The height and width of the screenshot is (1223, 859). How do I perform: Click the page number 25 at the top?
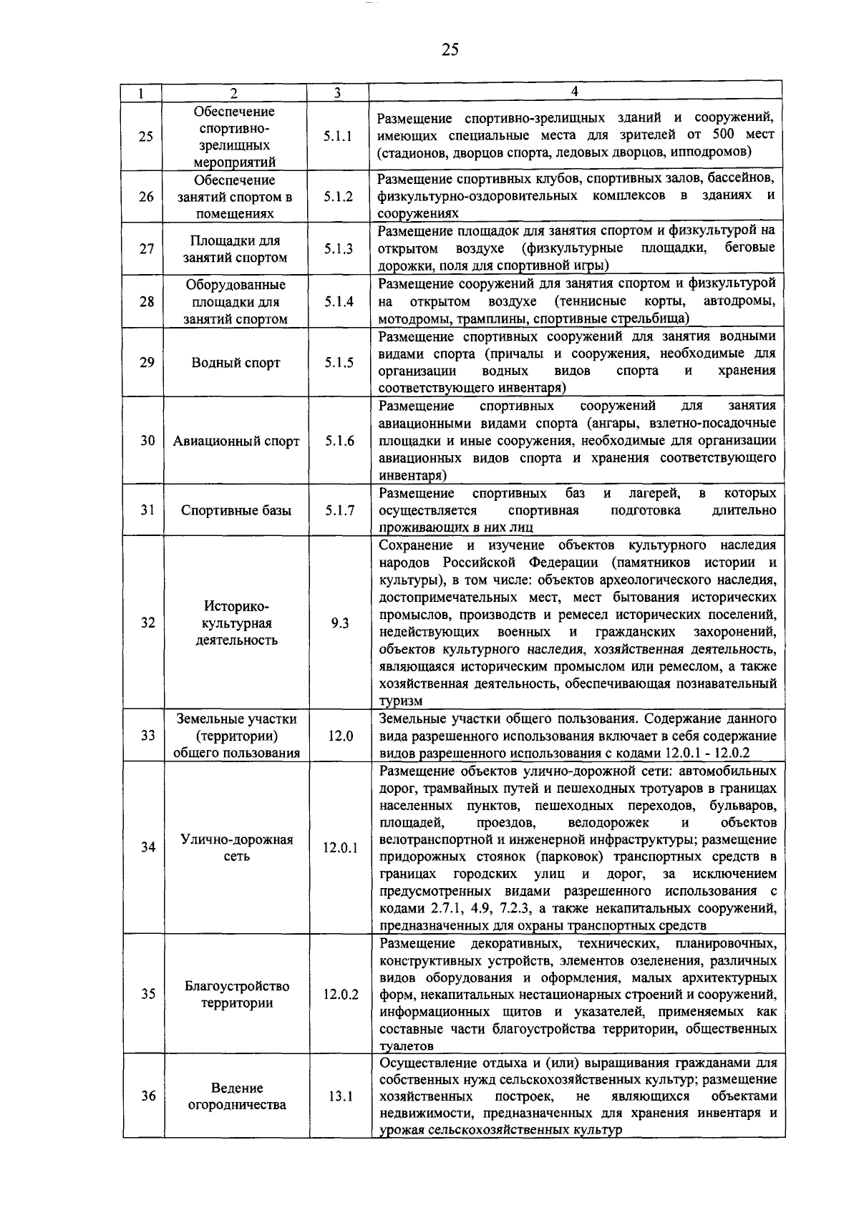450,49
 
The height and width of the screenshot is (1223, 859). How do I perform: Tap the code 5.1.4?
338,302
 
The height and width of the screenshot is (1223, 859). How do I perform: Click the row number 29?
147,362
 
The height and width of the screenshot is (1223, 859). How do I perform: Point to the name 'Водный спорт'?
236,363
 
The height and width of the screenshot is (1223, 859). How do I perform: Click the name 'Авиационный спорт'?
236,441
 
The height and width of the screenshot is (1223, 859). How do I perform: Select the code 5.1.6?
339,441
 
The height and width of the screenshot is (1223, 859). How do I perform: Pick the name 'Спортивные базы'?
236,510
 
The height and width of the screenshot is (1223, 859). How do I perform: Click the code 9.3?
340,623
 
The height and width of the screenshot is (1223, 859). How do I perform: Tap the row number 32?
147,623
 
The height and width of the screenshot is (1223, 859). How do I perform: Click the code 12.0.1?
340,848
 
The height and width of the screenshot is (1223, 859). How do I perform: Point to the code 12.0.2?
340,995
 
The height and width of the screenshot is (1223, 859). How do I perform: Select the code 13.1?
340,1096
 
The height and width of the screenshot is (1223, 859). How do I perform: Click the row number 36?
147,1096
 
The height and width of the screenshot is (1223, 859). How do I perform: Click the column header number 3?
337,93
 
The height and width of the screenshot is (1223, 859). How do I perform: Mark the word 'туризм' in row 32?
401,701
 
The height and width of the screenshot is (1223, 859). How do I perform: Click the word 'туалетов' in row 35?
406,1046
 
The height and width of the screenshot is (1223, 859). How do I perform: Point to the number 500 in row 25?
727,134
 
